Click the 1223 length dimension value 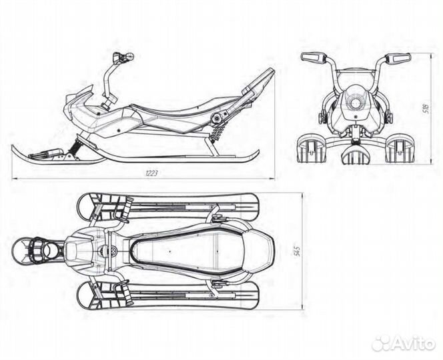pos(151,173)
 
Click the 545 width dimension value pos(297,251)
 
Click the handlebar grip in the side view pos(123,57)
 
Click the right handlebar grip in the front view pos(398,57)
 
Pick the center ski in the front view pos(356,155)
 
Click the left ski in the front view pos(311,149)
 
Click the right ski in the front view pos(400,149)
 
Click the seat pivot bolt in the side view pos(217,118)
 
